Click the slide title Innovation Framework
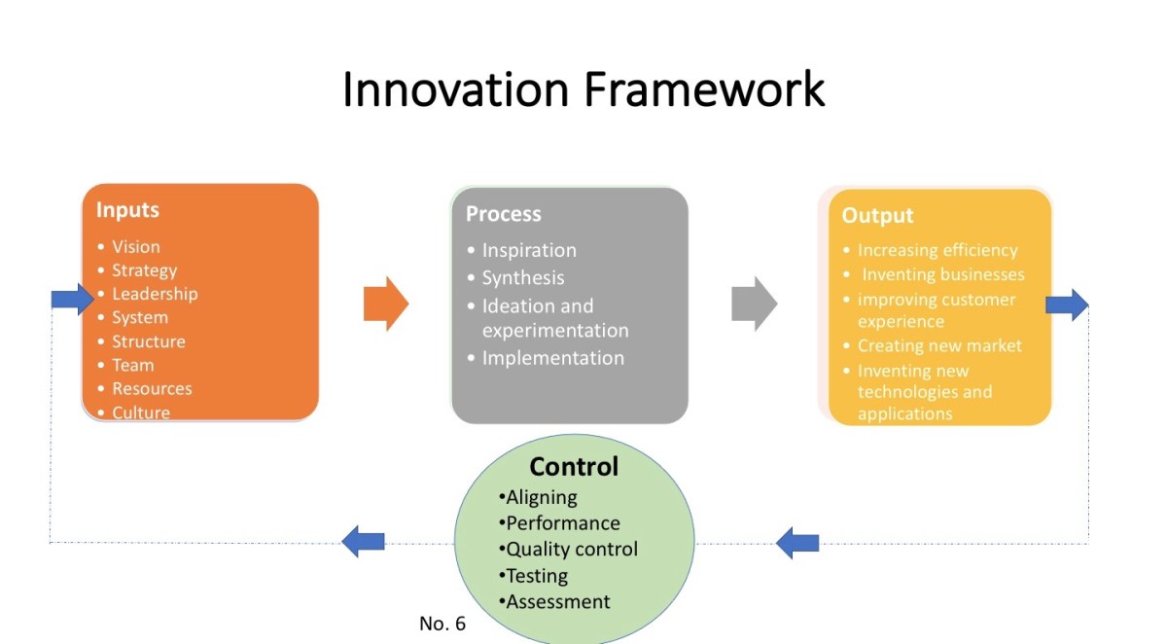click(583, 89)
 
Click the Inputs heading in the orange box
click(127, 209)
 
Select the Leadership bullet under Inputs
click(154, 294)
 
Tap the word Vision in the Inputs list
click(135, 247)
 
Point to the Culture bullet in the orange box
click(140, 412)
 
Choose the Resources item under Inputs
click(152, 388)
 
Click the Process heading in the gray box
click(503, 214)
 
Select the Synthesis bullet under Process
click(522, 277)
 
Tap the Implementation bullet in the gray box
click(552, 358)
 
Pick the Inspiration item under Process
click(529, 250)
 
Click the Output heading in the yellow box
click(877, 216)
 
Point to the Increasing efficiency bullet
click(937, 250)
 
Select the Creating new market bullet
click(938, 345)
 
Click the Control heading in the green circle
click(574, 467)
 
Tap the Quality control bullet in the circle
click(571, 549)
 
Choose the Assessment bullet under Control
click(557, 601)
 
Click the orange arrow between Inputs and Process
click(386, 304)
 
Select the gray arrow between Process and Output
click(755, 304)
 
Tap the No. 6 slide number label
click(442, 624)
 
